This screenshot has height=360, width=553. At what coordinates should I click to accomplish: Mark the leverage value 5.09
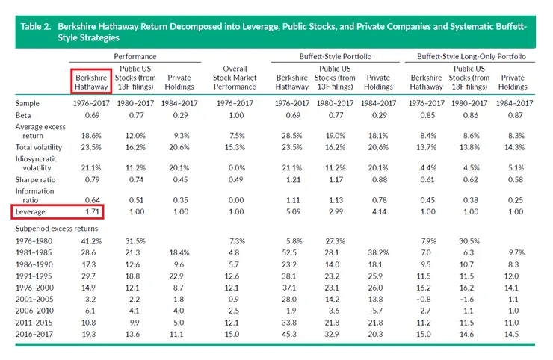(291, 213)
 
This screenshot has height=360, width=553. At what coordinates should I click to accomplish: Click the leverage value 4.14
(379, 213)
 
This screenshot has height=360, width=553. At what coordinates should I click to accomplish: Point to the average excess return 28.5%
(291, 136)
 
